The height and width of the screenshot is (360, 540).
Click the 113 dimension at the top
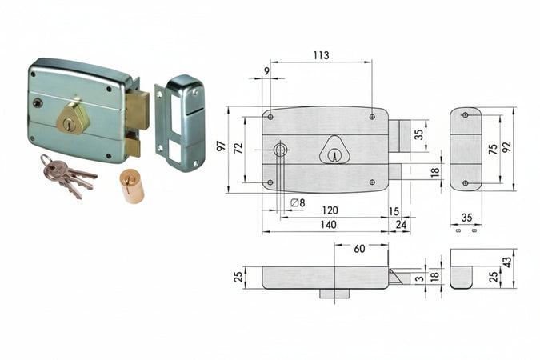[320, 56]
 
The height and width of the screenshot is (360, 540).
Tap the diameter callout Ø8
[297, 202]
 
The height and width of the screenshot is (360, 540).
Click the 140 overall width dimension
[329, 226]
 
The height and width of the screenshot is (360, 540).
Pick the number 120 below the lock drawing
[329, 210]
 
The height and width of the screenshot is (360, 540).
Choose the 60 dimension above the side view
[359, 249]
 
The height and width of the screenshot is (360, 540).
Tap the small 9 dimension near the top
[266, 72]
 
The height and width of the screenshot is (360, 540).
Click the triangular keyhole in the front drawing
[334, 151]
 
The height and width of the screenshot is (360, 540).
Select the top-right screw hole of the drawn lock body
[373, 117]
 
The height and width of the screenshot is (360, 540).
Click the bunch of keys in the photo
[64, 177]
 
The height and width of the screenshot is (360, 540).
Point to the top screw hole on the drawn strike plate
[466, 117]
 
